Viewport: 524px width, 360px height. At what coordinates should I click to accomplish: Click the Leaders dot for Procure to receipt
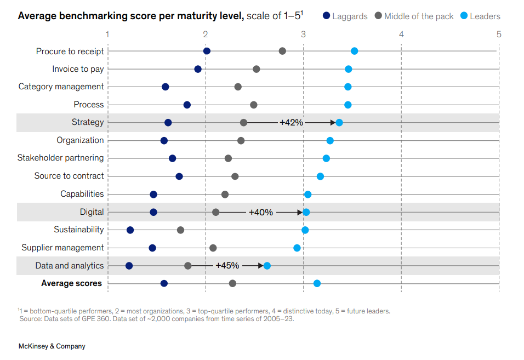tap(354, 51)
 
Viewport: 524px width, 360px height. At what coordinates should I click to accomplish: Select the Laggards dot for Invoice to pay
tap(198, 69)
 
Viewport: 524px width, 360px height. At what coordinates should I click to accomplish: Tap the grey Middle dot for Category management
tap(238, 87)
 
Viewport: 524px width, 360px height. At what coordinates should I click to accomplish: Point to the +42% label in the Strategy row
tap(291, 123)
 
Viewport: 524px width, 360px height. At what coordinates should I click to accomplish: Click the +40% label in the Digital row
tap(260, 212)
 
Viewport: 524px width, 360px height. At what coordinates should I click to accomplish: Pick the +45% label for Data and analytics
tap(227, 266)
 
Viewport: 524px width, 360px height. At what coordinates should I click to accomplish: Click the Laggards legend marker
tap(326, 16)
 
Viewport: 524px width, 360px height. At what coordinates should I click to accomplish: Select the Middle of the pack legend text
tap(419, 16)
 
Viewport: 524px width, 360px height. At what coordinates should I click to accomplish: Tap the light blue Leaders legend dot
tap(464, 16)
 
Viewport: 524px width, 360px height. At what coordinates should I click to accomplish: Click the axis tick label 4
tap(401, 35)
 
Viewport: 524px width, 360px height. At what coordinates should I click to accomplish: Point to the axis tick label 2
tap(206, 35)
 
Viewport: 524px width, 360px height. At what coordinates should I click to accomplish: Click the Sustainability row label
tap(78, 230)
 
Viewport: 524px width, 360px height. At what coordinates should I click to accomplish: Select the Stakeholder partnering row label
tap(60, 158)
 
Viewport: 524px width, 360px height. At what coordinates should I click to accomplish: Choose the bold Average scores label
tap(71, 283)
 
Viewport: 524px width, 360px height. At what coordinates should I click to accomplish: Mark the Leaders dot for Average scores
tap(317, 283)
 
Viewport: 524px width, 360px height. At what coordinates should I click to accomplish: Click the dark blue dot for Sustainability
tap(130, 230)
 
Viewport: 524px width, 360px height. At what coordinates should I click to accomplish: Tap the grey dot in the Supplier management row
tap(213, 248)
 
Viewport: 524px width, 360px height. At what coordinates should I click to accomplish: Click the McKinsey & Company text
tap(52, 346)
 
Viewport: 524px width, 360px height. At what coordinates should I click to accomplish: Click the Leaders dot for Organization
tap(330, 141)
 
